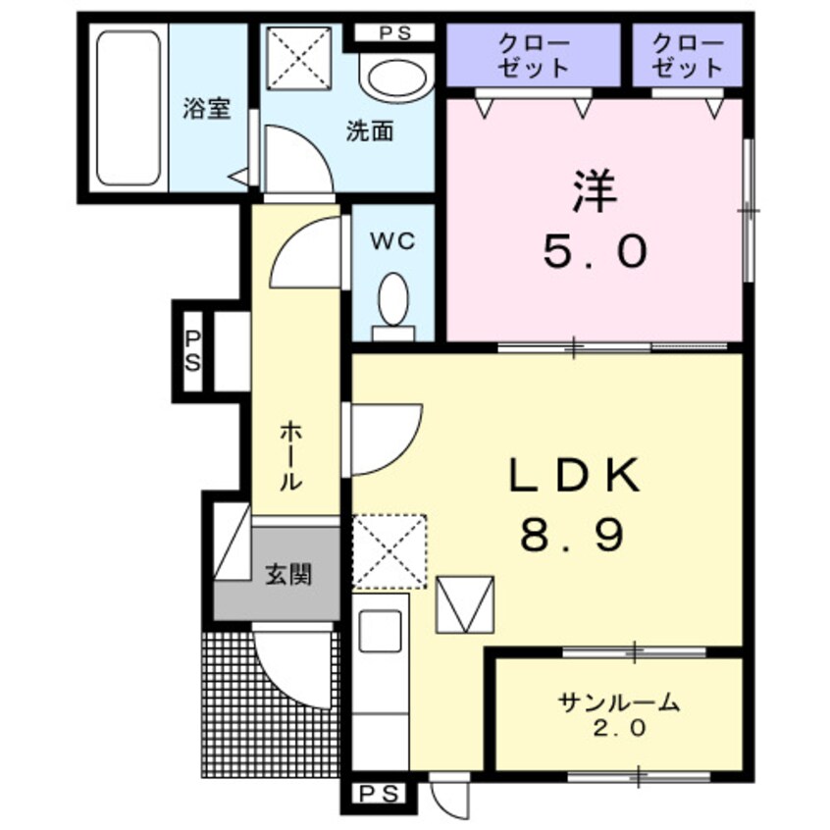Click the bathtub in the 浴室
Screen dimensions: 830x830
(x=129, y=108)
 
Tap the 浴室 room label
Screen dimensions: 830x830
(x=207, y=108)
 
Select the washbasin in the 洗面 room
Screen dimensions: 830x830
(x=396, y=78)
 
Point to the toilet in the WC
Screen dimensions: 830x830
(x=394, y=298)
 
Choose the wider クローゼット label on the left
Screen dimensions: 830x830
(x=533, y=56)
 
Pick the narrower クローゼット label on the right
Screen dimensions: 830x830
(x=687, y=56)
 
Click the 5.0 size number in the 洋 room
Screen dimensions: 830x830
(x=596, y=253)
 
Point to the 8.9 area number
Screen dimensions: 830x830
(x=572, y=536)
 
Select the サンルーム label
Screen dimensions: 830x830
(x=618, y=702)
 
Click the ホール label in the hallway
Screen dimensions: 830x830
(x=291, y=455)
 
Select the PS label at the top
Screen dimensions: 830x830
(x=393, y=33)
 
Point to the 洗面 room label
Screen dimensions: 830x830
(x=369, y=131)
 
